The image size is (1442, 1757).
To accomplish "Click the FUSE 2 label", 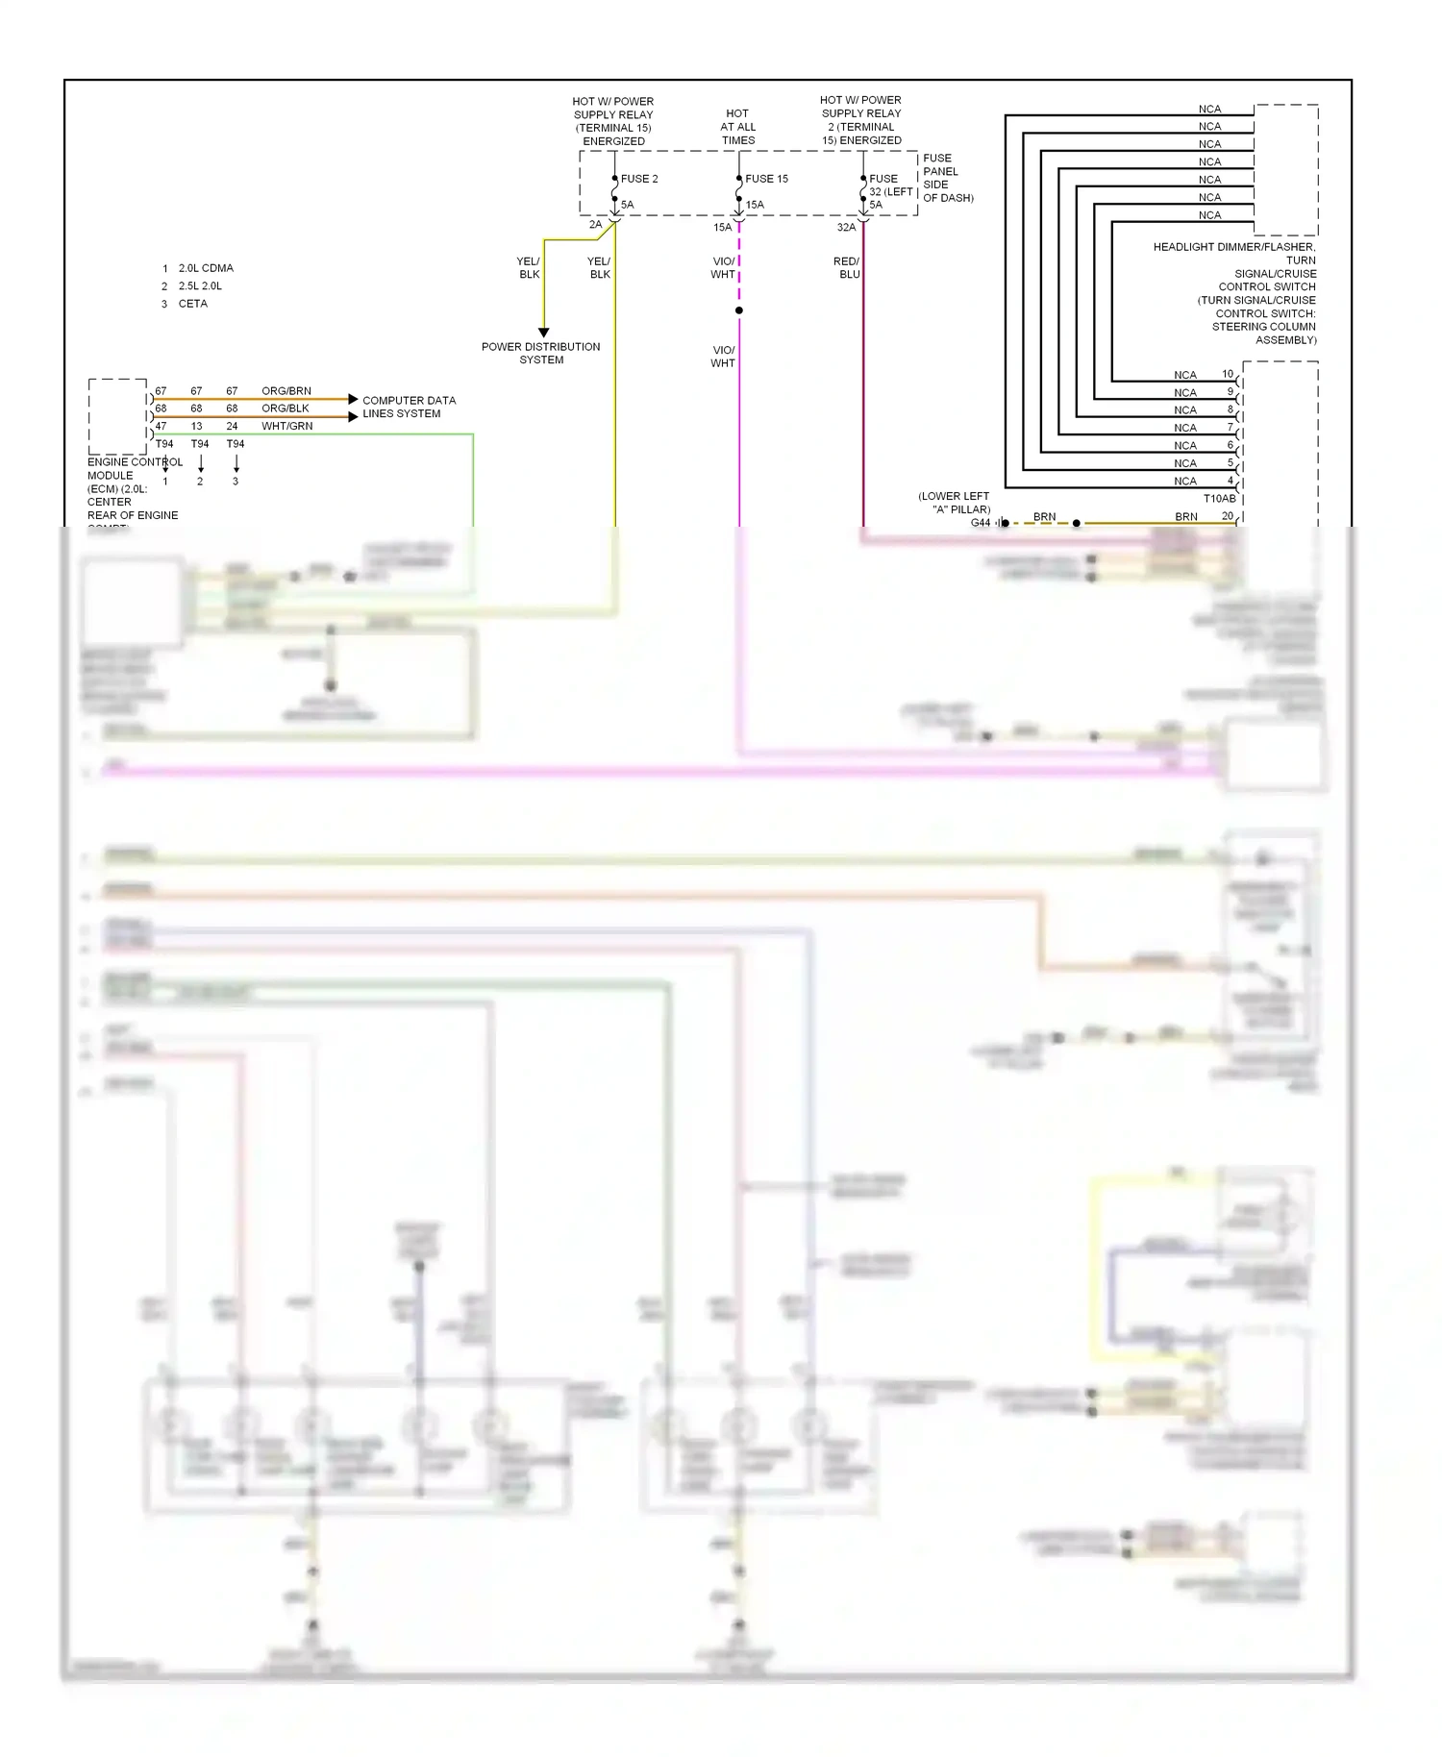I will pos(639,179).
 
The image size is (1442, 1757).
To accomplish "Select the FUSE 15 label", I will pos(766,179).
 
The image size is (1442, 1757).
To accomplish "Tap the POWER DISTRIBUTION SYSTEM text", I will pos(540,353).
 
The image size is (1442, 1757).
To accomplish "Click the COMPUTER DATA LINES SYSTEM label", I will pos(409,407).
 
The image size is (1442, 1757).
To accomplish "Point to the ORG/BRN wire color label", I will pos(286,391).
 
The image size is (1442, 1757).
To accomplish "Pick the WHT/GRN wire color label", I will pos(286,426).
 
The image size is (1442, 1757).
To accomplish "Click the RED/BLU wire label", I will pos(846,267).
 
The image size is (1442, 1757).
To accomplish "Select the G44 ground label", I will pos(980,523).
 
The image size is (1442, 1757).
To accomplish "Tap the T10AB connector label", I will pos(1219,499).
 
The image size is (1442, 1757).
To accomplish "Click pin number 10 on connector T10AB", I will pos(1228,374).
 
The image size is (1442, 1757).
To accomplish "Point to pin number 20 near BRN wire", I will pos(1228,516).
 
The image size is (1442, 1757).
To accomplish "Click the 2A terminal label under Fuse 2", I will pos(595,225).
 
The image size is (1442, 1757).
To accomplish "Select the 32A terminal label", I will pos(846,228).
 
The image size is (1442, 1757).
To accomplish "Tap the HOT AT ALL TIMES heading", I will pos(738,127).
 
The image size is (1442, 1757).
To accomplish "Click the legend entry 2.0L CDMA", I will pos(206,268).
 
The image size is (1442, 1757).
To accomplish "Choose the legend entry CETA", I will pos(192,304).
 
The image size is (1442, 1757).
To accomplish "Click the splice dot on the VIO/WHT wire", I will pos(739,310).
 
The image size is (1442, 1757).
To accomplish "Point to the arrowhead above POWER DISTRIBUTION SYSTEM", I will pos(543,333).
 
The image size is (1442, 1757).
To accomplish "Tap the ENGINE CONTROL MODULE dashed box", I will pos(117,416).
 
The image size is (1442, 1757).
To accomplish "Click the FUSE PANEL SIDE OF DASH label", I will pos(947,178).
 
